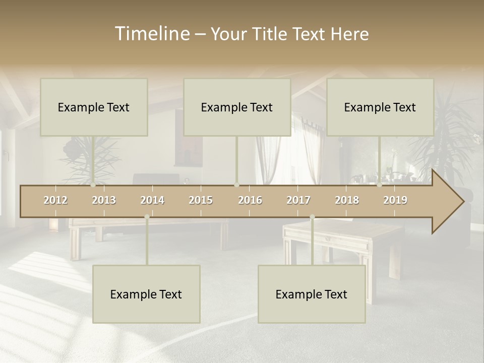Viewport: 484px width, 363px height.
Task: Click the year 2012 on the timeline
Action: (x=55, y=200)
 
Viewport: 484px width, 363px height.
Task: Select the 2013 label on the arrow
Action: (x=104, y=200)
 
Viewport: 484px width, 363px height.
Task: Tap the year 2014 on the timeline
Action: (x=152, y=200)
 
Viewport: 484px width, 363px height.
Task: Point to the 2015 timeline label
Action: (x=201, y=200)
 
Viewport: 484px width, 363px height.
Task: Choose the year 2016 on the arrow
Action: (x=250, y=200)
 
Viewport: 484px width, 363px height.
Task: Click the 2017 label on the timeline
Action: (x=298, y=200)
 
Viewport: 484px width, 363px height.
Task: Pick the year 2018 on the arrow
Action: (x=347, y=200)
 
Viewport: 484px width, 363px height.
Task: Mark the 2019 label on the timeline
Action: (x=395, y=200)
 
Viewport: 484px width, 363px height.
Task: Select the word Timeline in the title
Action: (x=152, y=33)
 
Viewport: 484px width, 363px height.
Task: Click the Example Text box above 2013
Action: (x=94, y=107)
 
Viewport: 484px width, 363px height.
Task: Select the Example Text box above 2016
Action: (x=237, y=107)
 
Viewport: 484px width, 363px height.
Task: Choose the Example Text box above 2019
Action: (x=380, y=107)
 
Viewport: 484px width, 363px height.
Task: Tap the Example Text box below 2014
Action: (x=146, y=294)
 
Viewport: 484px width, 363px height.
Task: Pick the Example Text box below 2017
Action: (x=312, y=294)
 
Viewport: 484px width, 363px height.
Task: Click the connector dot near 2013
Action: (x=93, y=185)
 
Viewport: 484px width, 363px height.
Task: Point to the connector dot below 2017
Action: (x=312, y=217)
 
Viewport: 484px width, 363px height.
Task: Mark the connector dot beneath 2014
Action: (x=147, y=217)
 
